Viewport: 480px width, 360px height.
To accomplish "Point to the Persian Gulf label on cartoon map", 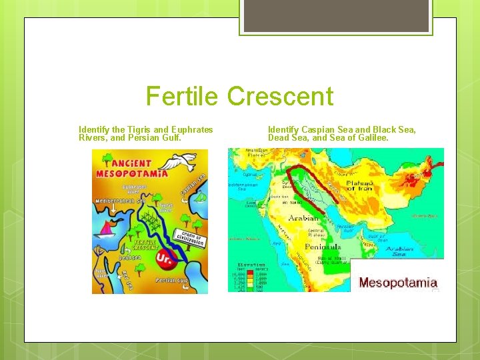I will (x=167, y=281).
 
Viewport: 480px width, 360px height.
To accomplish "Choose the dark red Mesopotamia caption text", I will (x=398, y=283).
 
